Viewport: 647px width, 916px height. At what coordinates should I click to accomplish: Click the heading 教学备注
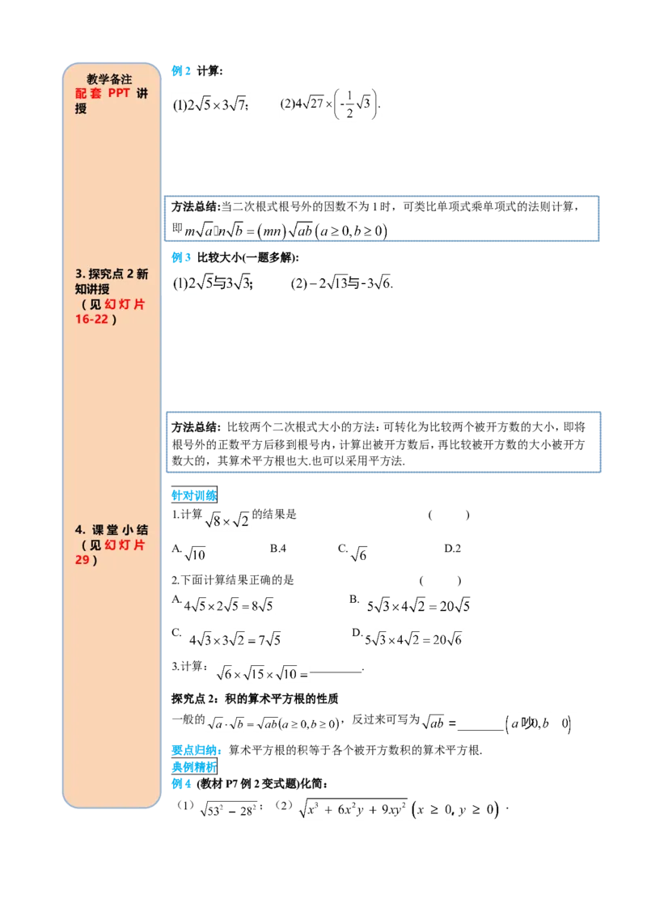pyautogui.click(x=109, y=79)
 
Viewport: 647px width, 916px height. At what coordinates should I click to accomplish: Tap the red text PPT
pyautogui.click(x=119, y=94)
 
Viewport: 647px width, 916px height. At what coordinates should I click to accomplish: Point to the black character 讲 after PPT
pyautogui.click(x=143, y=94)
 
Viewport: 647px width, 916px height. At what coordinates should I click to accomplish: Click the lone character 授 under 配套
pyautogui.click(x=80, y=108)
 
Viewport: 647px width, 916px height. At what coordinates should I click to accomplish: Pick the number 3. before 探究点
pyautogui.click(x=80, y=274)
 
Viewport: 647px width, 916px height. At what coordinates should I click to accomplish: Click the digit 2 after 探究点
pyautogui.click(x=130, y=274)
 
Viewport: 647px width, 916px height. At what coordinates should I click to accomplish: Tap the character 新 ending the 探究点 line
pyautogui.click(x=142, y=274)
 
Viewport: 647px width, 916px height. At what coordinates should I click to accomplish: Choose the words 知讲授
pyautogui.click(x=92, y=289)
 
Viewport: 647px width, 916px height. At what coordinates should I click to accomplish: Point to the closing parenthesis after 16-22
pyautogui.click(x=114, y=319)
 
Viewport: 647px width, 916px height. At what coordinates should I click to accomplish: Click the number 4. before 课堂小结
pyautogui.click(x=80, y=529)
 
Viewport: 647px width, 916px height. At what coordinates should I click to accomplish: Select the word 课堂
pyautogui.click(x=104, y=529)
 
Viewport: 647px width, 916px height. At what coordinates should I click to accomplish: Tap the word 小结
pyautogui.click(x=134, y=529)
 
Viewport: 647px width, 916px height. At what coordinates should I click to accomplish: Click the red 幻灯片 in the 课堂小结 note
pyautogui.click(x=125, y=545)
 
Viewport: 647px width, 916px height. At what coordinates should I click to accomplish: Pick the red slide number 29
pyautogui.click(x=81, y=559)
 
